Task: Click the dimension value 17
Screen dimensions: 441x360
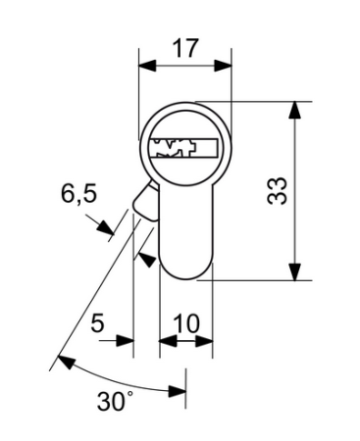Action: (185, 47)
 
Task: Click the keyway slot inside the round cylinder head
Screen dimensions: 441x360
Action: (182, 148)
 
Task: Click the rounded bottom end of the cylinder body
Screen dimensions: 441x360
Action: (186, 270)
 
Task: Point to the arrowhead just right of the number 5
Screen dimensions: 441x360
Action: (126, 342)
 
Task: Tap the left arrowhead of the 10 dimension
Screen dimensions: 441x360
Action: (167, 342)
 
